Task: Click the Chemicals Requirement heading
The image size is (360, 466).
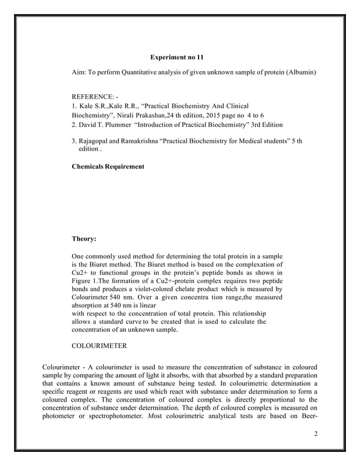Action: (x=108, y=167)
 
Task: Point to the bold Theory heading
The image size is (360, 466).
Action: (x=85, y=239)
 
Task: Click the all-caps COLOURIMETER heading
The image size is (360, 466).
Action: (x=100, y=344)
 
